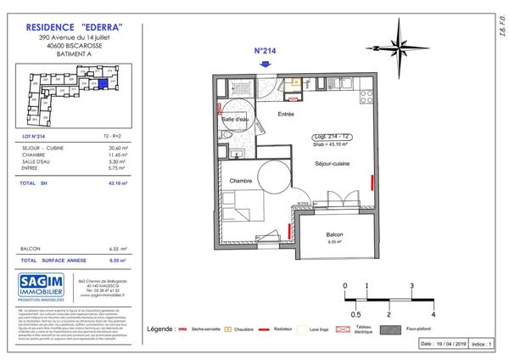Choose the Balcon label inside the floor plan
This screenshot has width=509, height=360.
[333, 235]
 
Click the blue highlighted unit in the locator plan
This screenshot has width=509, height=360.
[102, 83]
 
